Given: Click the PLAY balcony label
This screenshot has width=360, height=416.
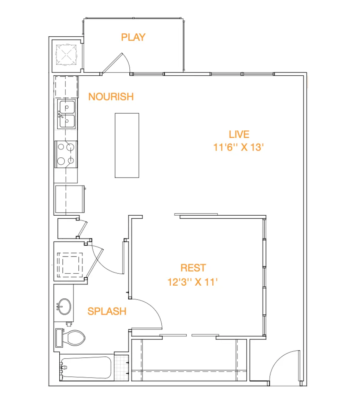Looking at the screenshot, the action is (x=133, y=37).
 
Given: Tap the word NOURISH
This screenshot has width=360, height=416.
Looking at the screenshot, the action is (x=111, y=97).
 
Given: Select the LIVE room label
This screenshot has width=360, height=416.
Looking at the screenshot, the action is (x=239, y=134).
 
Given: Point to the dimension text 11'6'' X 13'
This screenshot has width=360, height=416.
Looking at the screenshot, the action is (x=238, y=147).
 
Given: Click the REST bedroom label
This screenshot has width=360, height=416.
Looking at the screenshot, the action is (x=193, y=268).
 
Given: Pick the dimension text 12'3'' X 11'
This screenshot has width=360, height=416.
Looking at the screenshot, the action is (x=192, y=282).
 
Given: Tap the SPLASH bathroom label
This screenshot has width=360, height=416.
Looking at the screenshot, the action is (x=107, y=311).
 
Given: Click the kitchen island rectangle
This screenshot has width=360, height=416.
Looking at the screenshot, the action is (x=127, y=145).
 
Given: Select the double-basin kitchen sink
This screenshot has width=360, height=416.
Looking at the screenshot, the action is (x=67, y=114).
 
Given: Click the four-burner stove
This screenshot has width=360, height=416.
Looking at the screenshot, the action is (x=66, y=154).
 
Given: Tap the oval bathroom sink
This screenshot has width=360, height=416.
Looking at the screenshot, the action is (x=64, y=306).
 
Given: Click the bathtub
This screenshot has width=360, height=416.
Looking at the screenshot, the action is (x=86, y=367).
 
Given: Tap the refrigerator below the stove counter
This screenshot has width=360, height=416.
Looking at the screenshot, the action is (x=70, y=199).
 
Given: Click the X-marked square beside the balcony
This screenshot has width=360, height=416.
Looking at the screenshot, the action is (x=66, y=55).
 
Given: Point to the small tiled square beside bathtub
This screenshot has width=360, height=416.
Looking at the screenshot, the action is (x=121, y=368).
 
